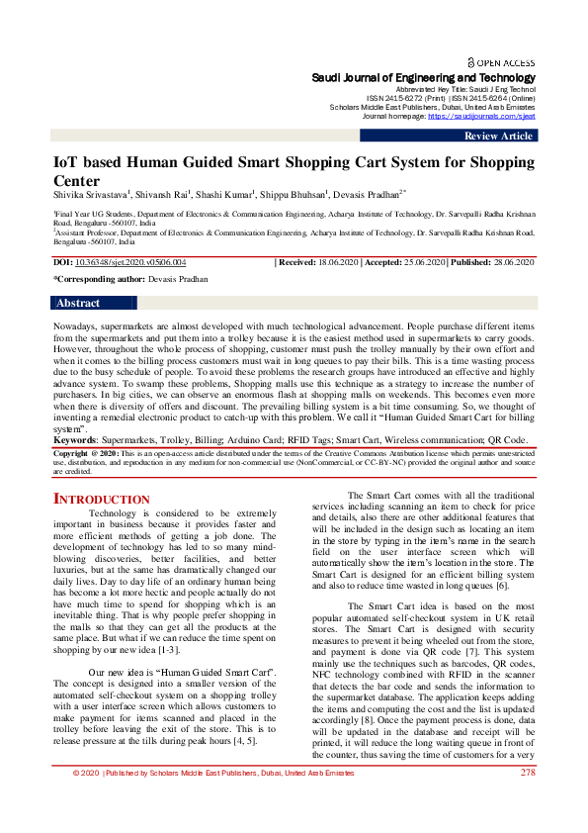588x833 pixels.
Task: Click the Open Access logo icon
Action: [x=470, y=60]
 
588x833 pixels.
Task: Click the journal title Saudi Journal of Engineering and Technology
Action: [x=424, y=77]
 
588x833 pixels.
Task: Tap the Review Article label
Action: [x=498, y=136]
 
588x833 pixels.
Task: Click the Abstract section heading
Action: [x=78, y=303]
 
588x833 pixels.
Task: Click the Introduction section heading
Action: [x=102, y=500]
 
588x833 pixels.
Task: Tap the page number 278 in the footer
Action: [x=527, y=799]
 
